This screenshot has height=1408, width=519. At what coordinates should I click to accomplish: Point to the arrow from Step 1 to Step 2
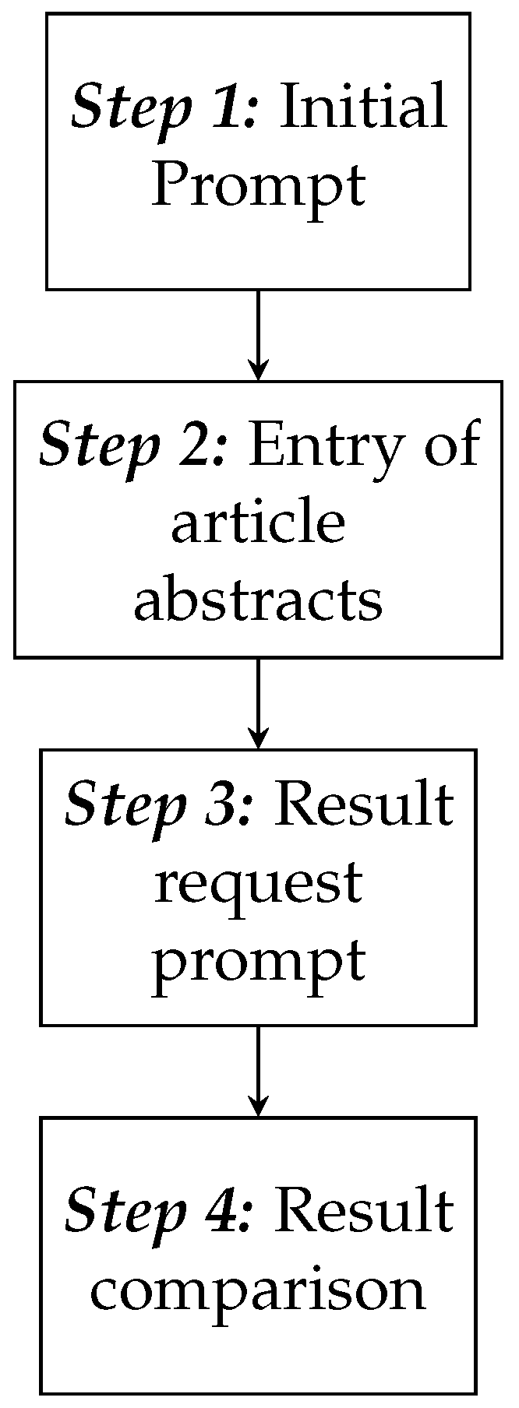[x=258, y=335]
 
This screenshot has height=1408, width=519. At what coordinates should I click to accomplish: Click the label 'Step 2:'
[x=133, y=445]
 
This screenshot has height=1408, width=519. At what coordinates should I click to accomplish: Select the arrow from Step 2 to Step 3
[x=258, y=703]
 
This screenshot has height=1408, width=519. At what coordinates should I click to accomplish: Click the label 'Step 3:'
[x=160, y=804]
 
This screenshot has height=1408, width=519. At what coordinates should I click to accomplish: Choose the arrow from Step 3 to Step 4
[x=258, y=1071]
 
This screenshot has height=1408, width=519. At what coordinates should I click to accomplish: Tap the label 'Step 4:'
[x=160, y=1212]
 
